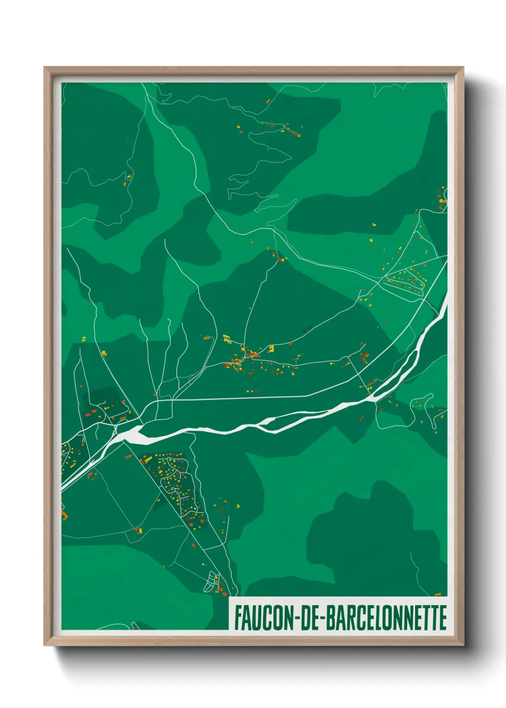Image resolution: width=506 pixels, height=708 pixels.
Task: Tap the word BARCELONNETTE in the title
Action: coord(386,618)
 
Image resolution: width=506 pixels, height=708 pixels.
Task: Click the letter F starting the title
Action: coord(238,618)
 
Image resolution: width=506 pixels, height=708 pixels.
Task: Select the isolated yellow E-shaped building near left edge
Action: coord(84,339)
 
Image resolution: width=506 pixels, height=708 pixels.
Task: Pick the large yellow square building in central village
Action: coord(271,348)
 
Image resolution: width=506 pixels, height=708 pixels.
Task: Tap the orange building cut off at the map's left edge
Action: coord(64,515)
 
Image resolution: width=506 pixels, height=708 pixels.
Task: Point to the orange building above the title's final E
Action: coord(438,594)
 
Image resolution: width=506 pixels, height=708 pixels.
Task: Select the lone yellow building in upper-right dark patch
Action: coord(374,224)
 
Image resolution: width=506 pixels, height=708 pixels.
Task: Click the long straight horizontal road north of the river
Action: coord(239,398)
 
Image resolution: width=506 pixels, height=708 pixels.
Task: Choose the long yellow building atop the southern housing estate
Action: coord(148,460)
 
